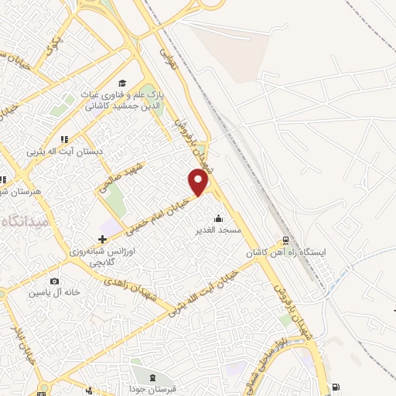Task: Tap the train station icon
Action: coord(285,241)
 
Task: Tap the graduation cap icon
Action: coord(121,83)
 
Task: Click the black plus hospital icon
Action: coord(102,239)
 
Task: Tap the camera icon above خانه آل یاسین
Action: coord(53,281)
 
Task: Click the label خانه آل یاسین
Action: coord(53,293)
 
